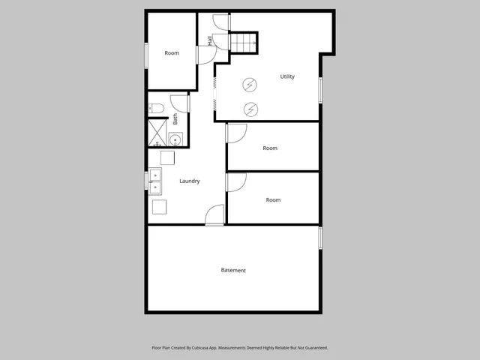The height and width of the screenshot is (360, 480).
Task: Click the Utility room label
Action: [287, 76]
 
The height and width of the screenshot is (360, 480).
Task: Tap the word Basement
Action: [233, 270]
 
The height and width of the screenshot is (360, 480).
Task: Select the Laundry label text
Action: [189, 181]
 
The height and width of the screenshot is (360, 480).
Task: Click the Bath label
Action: [175, 118]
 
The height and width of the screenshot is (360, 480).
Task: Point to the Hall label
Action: [210, 42]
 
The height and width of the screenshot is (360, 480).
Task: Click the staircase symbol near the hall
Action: [243, 42]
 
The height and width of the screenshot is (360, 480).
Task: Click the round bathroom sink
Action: [175, 139]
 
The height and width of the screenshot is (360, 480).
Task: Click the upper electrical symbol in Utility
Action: [250, 85]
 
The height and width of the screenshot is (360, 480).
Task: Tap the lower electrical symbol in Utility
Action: [250, 109]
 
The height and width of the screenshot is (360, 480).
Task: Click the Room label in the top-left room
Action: [172, 52]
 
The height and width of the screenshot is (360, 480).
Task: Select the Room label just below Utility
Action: [270, 148]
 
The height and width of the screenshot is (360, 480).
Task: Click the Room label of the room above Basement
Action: [273, 199]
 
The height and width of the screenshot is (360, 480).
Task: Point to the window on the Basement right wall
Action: [320, 238]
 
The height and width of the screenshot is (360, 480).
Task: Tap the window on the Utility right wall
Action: [320, 89]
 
